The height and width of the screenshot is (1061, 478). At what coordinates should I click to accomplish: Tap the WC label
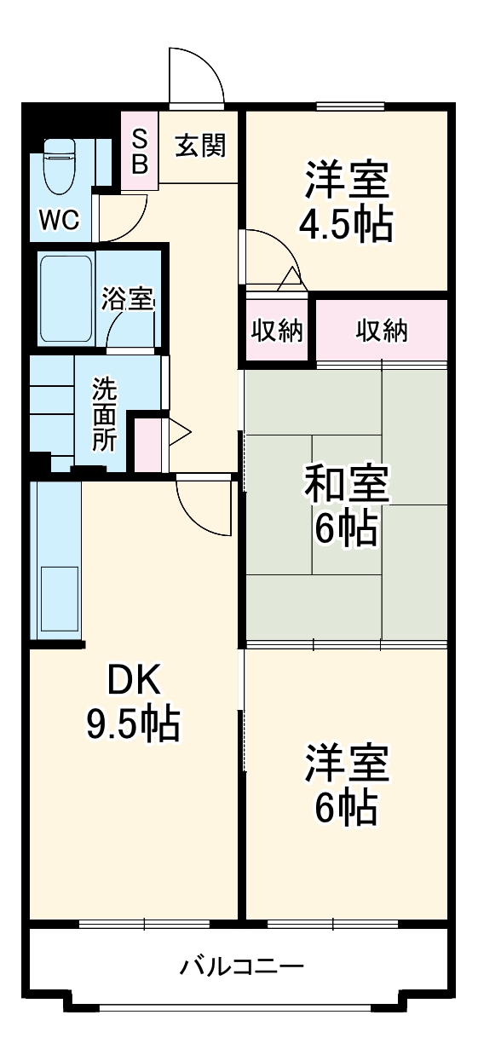[59, 220]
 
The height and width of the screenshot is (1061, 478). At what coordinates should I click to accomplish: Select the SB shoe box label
[140, 152]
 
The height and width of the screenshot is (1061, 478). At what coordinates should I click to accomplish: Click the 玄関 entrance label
[200, 147]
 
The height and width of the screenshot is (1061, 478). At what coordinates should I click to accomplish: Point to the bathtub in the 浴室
[66, 297]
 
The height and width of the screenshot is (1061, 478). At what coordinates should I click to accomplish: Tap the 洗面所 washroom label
[105, 415]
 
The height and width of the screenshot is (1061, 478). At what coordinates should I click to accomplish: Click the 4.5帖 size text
[345, 224]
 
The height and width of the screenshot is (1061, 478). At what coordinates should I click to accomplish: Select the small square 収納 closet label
[276, 331]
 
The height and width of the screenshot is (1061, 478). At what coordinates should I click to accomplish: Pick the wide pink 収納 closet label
[381, 331]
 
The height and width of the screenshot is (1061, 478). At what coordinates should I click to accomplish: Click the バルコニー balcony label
[241, 967]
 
